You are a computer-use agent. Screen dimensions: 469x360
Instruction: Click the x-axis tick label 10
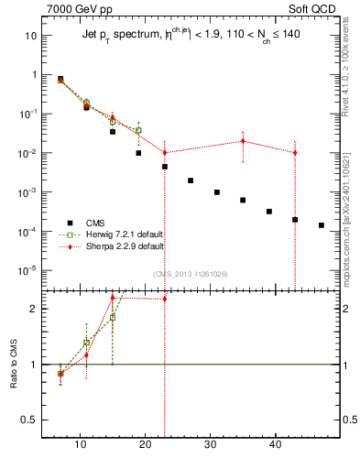tap(80, 446)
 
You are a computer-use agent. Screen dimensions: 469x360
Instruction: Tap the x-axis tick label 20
tap(145, 446)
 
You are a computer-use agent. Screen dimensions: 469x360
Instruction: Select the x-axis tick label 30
tap(211, 446)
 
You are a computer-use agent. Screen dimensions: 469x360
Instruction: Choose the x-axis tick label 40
tap(276, 446)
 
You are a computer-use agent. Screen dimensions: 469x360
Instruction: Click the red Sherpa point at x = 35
tap(243, 141)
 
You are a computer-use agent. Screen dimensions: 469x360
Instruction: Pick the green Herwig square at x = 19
tap(138, 130)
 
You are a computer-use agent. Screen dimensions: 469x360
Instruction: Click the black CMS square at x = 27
tap(191, 180)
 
